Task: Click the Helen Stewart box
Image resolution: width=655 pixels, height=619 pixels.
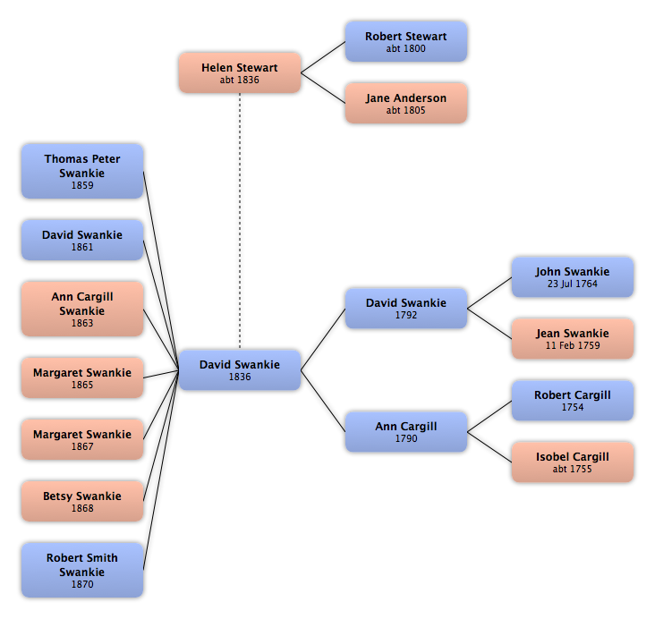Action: (x=240, y=72)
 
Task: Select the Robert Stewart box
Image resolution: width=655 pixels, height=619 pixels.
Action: (x=406, y=42)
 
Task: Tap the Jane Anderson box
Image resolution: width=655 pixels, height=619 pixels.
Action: (x=406, y=103)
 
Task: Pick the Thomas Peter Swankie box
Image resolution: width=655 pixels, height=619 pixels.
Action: (x=82, y=171)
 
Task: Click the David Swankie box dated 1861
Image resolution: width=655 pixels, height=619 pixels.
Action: (x=82, y=240)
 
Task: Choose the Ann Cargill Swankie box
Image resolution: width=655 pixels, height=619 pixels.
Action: (x=82, y=309)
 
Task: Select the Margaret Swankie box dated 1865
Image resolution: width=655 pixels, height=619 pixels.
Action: (x=82, y=377)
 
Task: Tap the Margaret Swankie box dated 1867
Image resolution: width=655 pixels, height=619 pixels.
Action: (x=82, y=439)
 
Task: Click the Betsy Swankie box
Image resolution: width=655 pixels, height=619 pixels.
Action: (x=82, y=501)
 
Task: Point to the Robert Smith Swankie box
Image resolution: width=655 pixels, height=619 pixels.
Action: (x=82, y=570)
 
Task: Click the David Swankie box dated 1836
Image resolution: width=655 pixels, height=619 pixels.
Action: (x=240, y=370)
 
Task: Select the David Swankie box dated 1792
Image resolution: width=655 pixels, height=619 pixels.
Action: (x=406, y=309)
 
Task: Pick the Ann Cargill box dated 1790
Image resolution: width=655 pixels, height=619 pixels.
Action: (x=406, y=432)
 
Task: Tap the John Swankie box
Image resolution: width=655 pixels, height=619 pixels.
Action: (x=573, y=277)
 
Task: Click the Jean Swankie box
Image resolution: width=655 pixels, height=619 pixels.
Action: (x=573, y=339)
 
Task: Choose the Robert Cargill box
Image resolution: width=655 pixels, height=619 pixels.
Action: (x=573, y=401)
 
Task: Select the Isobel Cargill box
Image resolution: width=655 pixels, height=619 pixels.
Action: (x=573, y=462)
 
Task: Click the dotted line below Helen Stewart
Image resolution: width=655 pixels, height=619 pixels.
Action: (x=240, y=221)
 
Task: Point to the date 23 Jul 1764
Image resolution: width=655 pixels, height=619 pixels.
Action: (x=573, y=284)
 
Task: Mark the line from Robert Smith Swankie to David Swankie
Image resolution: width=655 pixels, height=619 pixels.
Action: (x=161, y=470)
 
